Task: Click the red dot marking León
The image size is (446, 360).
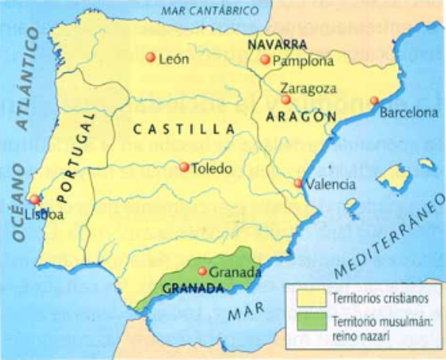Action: (x=150, y=58)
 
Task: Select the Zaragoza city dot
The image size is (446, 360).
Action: (x=286, y=99)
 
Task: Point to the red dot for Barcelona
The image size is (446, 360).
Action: (x=374, y=100)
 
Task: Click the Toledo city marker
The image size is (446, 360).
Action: (x=184, y=167)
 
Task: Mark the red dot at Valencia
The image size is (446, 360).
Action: (x=298, y=183)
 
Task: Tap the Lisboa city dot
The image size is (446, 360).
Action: (x=32, y=199)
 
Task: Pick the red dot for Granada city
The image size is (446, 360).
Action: (x=202, y=271)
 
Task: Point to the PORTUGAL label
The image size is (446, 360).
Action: (x=78, y=159)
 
